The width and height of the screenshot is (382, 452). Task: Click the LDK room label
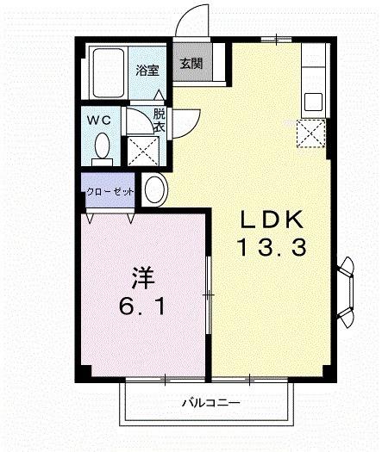(x=270, y=219)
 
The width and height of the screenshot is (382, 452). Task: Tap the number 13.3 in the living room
(x=270, y=250)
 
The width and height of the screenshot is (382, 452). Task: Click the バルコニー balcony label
(x=210, y=402)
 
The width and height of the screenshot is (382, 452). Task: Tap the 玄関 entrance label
(x=191, y=63)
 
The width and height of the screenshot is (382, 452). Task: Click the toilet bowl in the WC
(x=103, y=145)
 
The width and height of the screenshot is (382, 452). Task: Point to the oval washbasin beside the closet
(x=155, y=188)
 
